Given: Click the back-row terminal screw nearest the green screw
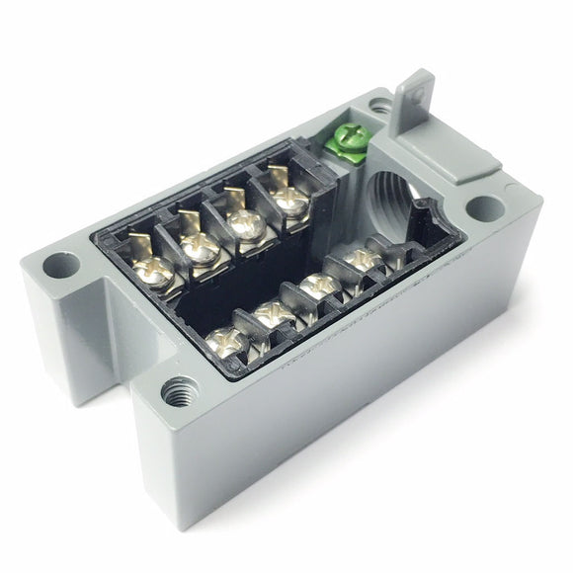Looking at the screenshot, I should tap(289, 199).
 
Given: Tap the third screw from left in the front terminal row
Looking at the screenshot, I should tap(319, 287).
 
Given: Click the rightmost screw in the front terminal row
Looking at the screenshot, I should tap(364, 259).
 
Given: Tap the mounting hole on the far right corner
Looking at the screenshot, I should tap(482, 208).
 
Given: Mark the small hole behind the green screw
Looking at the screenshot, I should tap(380, 105).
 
